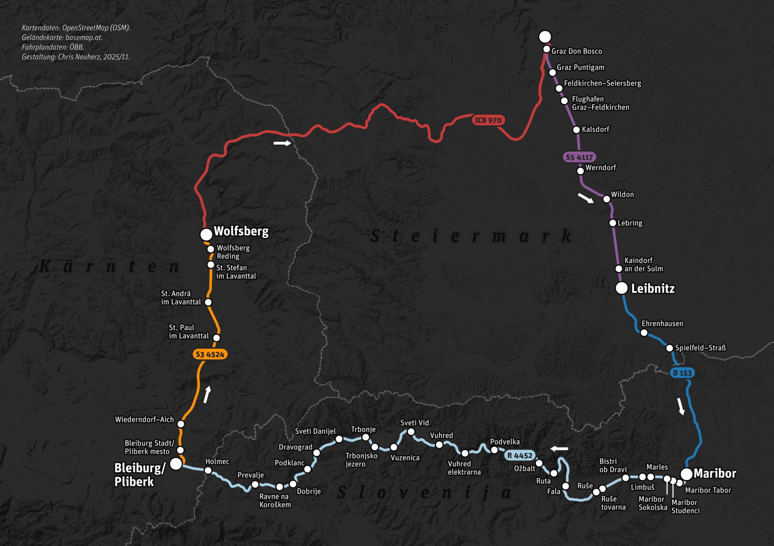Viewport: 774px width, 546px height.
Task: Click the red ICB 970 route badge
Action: point(488,120)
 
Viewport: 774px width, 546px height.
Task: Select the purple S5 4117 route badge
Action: point(579,157)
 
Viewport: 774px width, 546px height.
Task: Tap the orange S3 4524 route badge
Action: point(210,354)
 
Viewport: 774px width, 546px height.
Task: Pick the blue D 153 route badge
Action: point(682,373)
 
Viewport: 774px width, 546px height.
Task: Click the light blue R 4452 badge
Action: point(520,455)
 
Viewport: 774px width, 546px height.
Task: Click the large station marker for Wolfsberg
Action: point(206,234)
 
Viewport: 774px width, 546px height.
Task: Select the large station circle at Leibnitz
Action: point(622,288)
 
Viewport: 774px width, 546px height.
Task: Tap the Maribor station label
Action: point(715,473)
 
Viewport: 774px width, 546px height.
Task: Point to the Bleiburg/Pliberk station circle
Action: point(176,464)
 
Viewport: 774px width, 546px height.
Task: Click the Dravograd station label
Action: point(295,447)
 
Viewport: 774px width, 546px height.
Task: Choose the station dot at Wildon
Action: point(607,199)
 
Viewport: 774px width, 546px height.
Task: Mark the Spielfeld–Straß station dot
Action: point(670,348)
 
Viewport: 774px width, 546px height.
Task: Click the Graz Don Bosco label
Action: point(576,51)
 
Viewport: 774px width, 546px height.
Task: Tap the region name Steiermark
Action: point(472,235)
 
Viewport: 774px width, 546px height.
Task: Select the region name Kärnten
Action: point(109,267)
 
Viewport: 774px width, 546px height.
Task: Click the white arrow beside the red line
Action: point(282,143)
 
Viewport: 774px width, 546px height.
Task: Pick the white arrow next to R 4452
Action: point(559,448)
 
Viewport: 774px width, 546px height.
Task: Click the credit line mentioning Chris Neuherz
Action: point(76,57)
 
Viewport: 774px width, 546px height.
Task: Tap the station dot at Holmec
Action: point(208,470)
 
